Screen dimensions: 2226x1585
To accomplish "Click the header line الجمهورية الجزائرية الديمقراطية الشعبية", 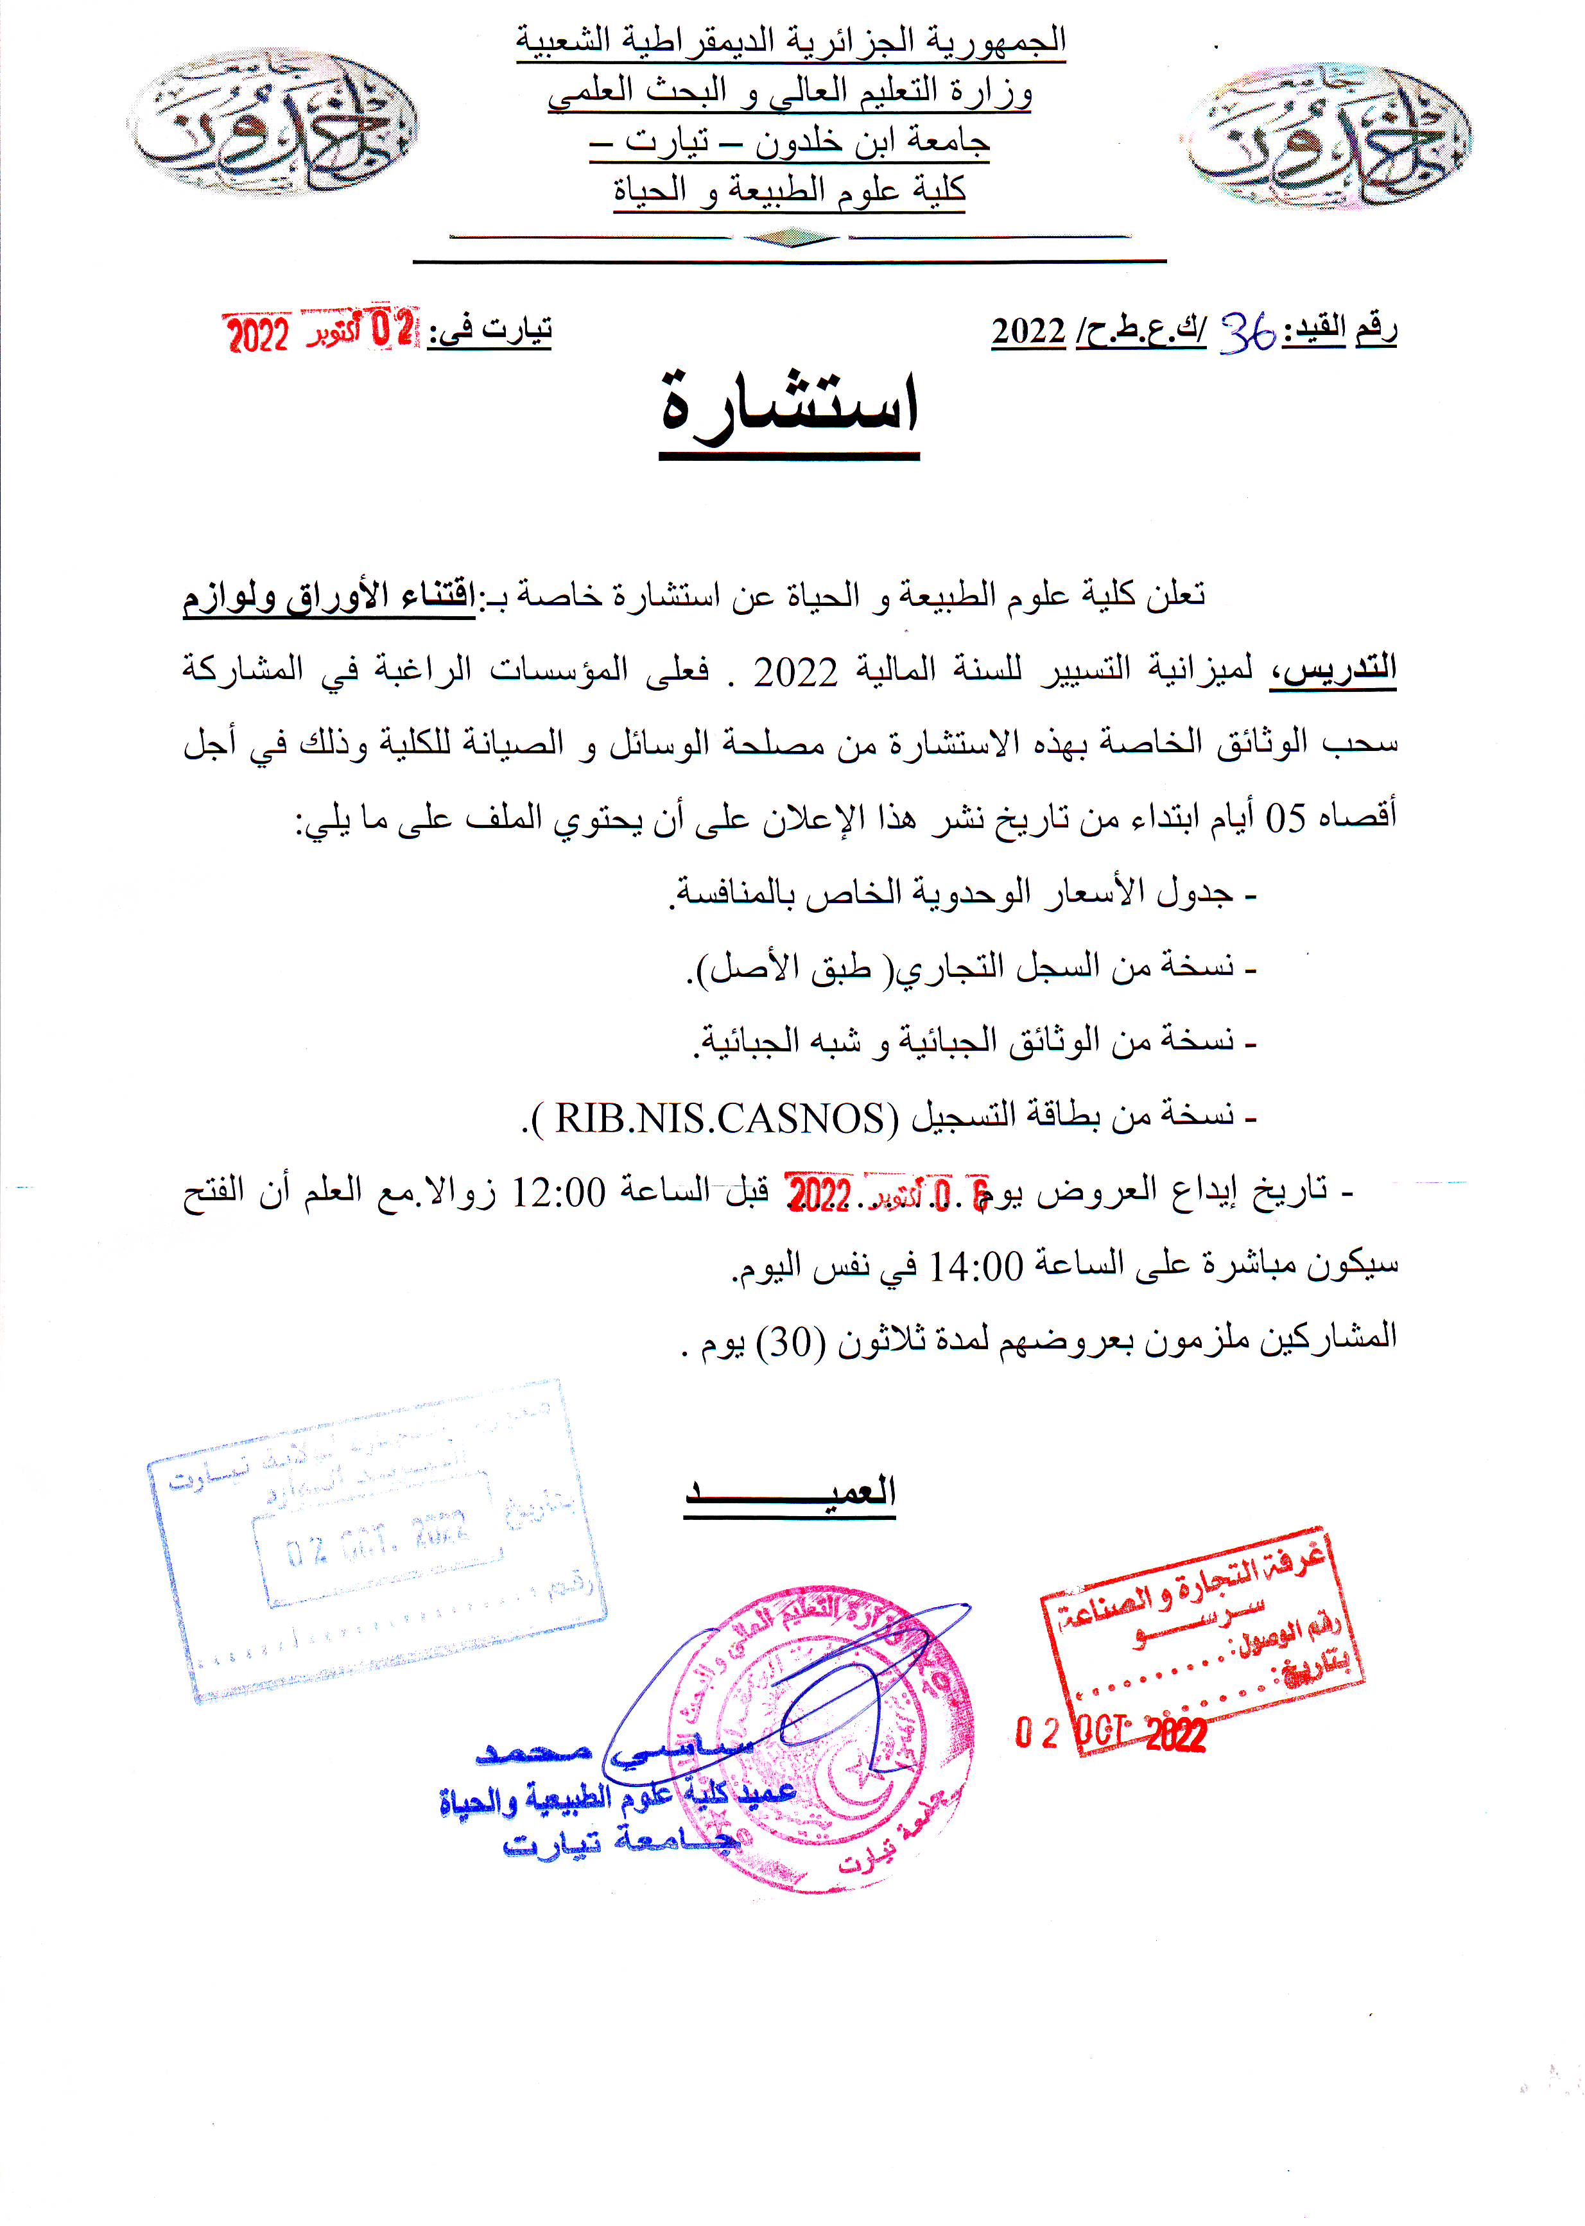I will point(790,42).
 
